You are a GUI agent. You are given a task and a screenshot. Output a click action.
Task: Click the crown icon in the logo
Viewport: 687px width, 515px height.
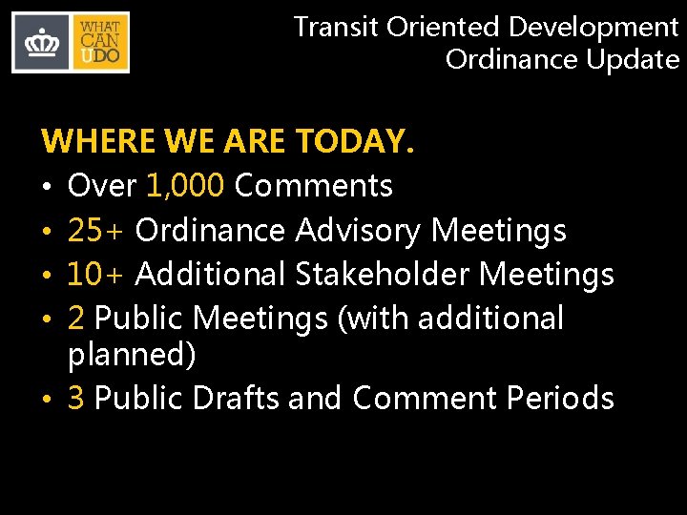coord(40,43)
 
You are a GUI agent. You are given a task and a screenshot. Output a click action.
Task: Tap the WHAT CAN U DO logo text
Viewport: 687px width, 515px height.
coord(100,43)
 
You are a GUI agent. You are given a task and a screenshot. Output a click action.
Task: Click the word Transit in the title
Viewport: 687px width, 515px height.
coord(336,27)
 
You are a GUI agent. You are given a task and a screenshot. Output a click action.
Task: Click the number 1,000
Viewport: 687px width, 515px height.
coord(186,185)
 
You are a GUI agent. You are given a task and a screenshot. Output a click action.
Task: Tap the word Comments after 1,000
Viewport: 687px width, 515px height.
coord(313,185)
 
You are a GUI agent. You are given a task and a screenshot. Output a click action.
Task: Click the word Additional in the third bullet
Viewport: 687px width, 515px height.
coord(210,275)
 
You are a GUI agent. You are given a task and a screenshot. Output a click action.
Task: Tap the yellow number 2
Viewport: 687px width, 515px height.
coord(77,319)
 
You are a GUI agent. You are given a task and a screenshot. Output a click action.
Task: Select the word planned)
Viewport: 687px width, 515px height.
coord(132,355)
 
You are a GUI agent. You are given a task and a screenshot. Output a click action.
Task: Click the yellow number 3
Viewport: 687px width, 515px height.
coord(77,398)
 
